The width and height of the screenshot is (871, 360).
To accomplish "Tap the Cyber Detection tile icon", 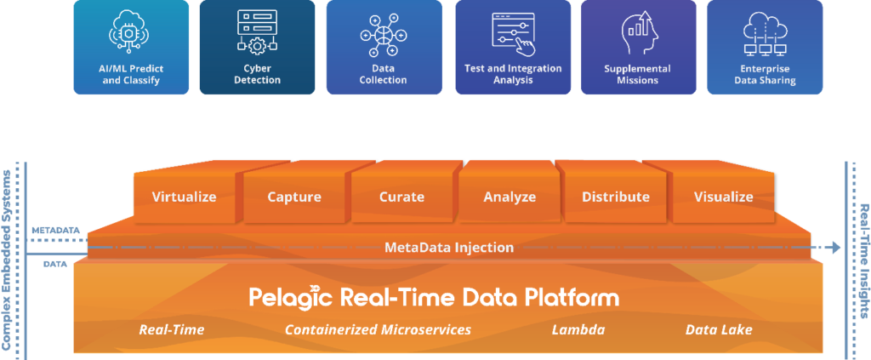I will point(256,31).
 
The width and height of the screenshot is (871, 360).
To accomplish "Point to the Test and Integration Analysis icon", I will point(512,31).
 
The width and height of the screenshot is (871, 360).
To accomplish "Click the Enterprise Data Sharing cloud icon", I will point(765,33).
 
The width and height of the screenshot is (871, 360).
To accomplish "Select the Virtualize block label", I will point(184,197).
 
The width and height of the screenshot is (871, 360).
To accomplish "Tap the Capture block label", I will point(294,197).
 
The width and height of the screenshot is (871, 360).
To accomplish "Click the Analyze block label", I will point(510,197).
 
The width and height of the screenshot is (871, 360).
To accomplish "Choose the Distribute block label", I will point(616,197).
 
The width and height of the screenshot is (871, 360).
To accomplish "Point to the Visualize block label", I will point(723,197).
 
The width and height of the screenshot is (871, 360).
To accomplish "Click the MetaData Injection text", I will point(449,248).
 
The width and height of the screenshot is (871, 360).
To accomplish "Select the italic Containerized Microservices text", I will point(378,329).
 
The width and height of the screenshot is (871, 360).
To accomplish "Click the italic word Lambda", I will point(578,329).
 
